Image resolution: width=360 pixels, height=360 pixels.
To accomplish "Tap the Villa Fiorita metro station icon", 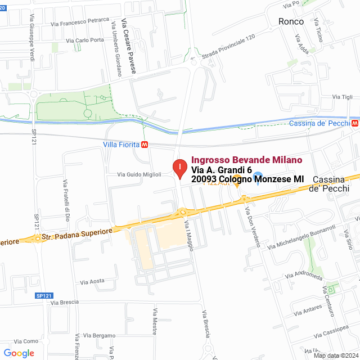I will click(x=145, y=144).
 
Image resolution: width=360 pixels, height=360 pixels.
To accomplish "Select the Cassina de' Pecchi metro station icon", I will click(x=354, y=123).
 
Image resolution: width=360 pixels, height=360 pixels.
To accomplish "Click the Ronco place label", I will click(x=291, y=21).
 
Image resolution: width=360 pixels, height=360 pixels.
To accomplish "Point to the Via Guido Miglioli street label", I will click(x=139, y=174).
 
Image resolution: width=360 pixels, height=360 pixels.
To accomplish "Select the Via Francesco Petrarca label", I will click(x=79, y=22).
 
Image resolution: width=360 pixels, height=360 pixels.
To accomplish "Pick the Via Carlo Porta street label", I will click(x=85, y=40).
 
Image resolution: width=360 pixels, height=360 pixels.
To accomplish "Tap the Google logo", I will click(x=19, y=353).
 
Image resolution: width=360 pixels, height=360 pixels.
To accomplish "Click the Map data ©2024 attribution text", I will click(x=335, y=355).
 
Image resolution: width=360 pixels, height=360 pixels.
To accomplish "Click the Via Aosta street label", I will click(x=92, y=281).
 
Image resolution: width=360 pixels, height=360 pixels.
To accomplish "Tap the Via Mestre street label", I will click(x=154, y=321).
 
